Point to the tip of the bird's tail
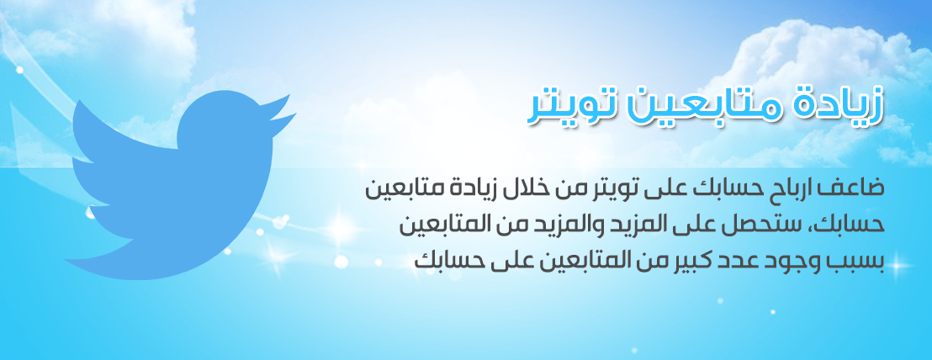(66, 260)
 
